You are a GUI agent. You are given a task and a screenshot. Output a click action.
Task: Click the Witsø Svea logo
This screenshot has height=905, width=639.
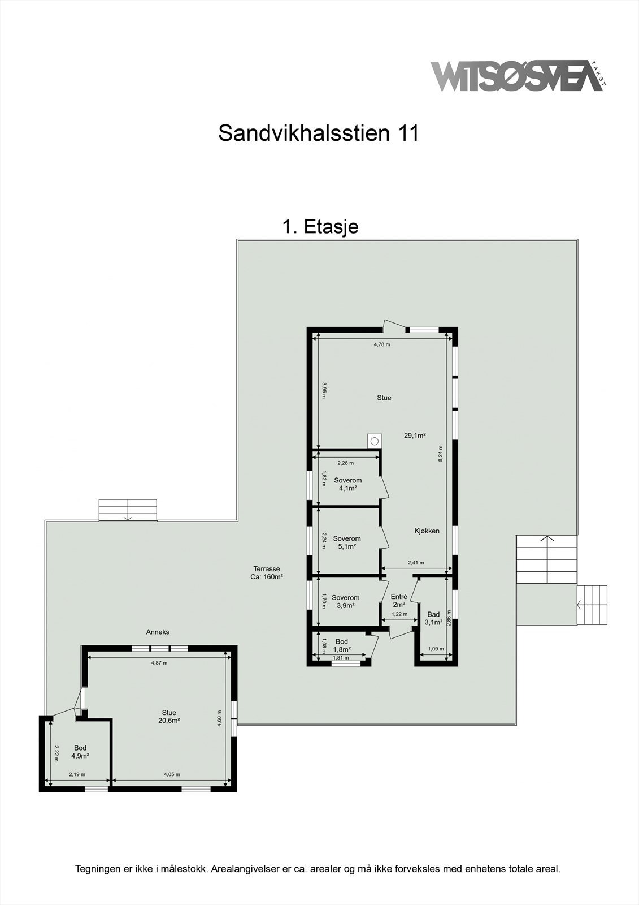(x=517, y=76)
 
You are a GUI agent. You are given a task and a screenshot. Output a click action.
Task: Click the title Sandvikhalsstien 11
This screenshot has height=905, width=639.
(x=319, y=133)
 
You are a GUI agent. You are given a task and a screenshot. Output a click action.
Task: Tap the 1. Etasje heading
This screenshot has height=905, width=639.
(x=320, y=227)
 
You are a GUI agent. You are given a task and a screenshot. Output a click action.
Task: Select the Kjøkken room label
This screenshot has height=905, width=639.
(x=427, y=531)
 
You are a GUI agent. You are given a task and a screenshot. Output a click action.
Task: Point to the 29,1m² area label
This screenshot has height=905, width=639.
(x=414, y=436)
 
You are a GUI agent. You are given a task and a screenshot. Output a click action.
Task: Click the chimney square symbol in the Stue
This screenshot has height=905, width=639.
(x=374, y=440)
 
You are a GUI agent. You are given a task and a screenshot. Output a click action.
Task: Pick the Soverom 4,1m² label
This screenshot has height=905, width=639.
(x=347, y=484)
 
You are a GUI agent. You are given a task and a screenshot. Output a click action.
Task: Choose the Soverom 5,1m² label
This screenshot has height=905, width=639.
(x=346, y=543)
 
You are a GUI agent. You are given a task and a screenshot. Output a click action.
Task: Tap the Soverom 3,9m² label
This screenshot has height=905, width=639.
(x=345, y=601)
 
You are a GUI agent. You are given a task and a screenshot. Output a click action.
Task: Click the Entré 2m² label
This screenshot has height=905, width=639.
(x=399, y=600)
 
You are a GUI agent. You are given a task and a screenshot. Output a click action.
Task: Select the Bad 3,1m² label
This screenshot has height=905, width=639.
(x=433, y=619)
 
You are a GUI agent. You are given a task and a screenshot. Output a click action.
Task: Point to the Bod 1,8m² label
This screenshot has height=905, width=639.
(x=342, y=645)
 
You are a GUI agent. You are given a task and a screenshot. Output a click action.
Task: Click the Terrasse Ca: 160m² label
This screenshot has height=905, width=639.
(x=266, y=573)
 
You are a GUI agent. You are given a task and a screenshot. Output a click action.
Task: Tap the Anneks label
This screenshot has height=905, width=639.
(x=158, y=632)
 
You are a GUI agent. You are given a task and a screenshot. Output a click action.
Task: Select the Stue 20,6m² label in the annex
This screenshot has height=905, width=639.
(x=169, y=717)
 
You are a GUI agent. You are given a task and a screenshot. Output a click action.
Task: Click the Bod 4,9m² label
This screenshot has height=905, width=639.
(x=80, y=752)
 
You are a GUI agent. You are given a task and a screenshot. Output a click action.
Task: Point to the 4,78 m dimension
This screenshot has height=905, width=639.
(x=382, y=344)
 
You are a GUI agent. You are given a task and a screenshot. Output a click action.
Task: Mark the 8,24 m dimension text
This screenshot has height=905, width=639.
(x=441, y=454)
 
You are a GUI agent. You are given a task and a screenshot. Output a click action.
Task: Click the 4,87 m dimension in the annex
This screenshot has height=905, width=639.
(x=159, y=663)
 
